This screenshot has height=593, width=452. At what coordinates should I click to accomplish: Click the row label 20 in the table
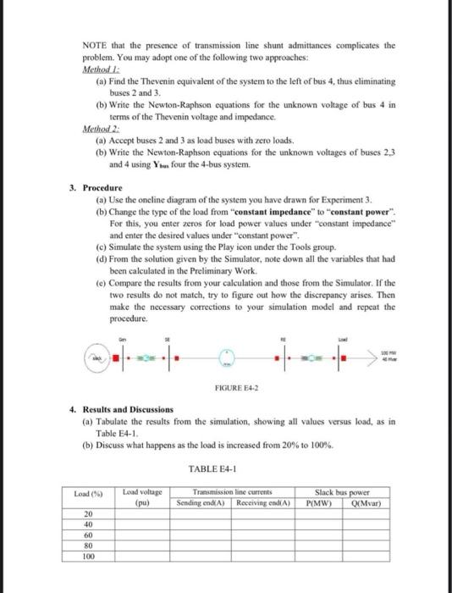(89, 515)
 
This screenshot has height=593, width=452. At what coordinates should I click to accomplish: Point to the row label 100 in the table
(89, 557)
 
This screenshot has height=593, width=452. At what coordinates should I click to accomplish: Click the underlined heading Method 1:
(100, 71)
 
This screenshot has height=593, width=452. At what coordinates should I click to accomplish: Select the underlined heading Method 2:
(100, 129)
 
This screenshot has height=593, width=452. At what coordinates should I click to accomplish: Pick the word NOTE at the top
(94, 45)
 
